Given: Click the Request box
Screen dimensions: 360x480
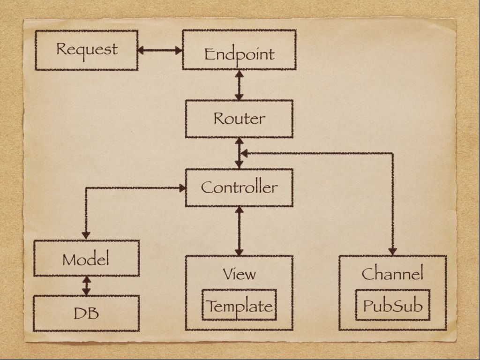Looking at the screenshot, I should [87, 50].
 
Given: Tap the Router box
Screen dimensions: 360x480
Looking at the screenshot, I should [239, 119].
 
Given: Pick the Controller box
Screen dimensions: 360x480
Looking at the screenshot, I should [239, 187].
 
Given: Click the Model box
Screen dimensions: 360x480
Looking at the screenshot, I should [86, 258].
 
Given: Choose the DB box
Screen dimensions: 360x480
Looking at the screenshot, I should [86, 313].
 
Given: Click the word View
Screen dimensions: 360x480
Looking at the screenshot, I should [239, 273].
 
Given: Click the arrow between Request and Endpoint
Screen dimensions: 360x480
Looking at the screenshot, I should [160, 50].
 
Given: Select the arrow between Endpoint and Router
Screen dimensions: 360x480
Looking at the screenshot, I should [239, 85].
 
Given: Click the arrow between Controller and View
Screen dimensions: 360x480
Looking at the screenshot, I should [239, 231].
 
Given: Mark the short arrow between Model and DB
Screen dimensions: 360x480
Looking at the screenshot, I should [86, 285].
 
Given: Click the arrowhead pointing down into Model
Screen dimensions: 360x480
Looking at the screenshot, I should [86, 234].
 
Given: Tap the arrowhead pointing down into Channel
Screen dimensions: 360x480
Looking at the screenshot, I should [392, 251].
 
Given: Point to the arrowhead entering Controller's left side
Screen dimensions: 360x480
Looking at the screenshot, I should [182, 188].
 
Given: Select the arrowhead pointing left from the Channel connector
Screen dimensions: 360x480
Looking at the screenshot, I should [244, 153].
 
